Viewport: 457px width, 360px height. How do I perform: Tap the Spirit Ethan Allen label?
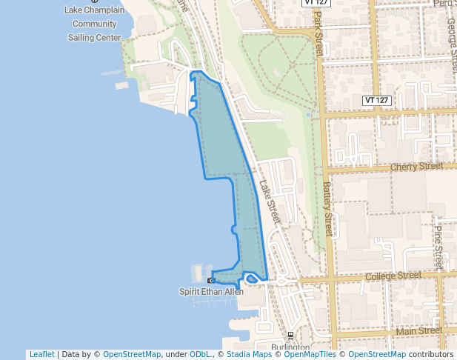(211, 292)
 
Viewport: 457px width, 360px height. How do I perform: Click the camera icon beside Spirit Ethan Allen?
(212, 281)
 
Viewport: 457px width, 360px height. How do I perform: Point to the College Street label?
(393, 276)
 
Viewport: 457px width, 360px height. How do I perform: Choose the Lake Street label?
(270, 200)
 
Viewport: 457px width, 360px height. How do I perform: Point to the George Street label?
(452, 44)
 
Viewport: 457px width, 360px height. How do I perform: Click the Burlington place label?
(290, 347)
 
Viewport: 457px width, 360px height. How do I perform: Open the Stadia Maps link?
(249, 354)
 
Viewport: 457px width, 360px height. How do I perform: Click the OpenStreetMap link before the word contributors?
(377, 354)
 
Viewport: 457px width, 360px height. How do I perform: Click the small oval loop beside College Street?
(251, 279)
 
